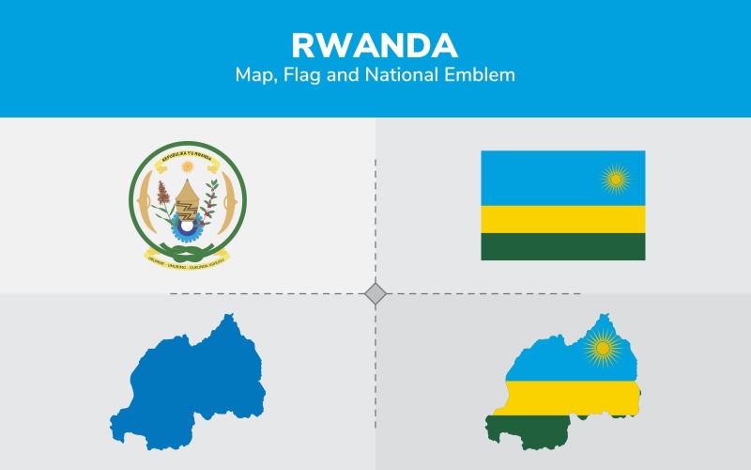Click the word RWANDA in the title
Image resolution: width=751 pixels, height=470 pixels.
tap(375, 45)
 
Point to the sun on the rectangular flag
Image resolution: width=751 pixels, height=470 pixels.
tap(615, 177)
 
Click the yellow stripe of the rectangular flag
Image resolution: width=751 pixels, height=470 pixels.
tap(562, 219)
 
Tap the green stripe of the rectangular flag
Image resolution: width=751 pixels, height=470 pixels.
tap(562, 246)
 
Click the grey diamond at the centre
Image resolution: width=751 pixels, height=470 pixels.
tap(375, 294)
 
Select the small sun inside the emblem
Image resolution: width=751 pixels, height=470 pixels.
tap(187, 166)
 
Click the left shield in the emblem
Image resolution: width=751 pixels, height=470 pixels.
tap(143, 201)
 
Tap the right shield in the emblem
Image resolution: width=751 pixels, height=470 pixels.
tap(233, 201)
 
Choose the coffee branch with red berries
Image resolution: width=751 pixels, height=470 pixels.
tap(212, 201)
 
